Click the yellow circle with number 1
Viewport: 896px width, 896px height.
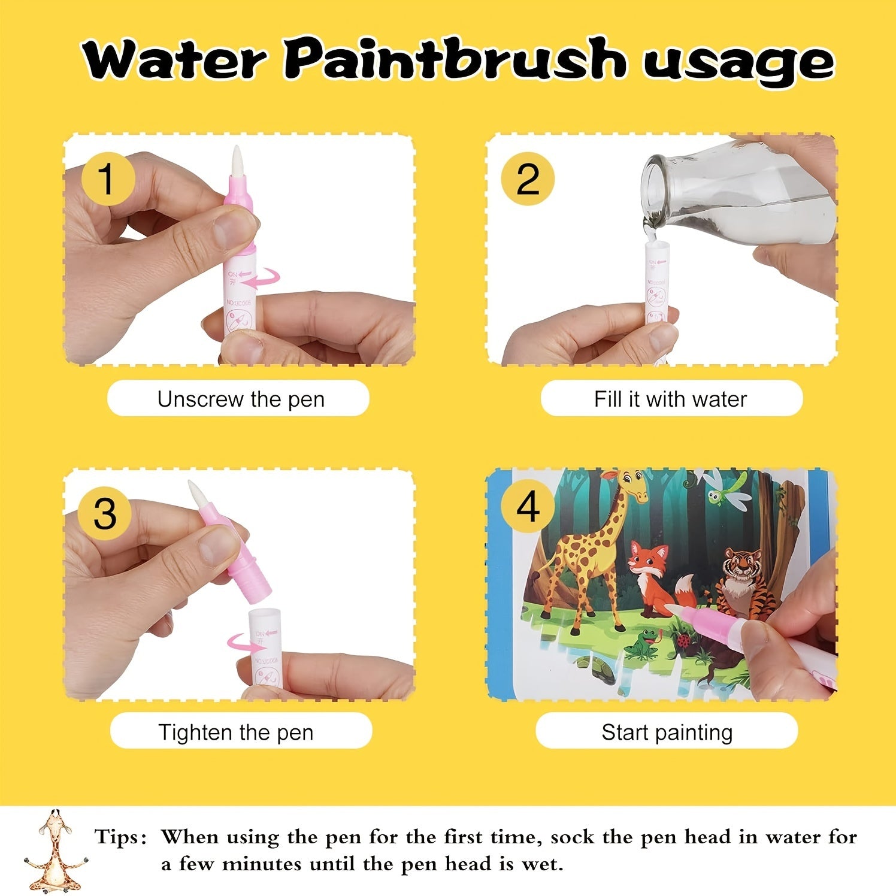[x=107, y=178]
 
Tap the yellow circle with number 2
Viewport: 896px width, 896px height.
[x=528, y=178]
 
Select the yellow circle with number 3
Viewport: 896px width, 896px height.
[x=105, y=513]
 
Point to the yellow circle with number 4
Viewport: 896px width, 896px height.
[x=528, y=507]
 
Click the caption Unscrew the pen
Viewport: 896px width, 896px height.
[x=240, y=399]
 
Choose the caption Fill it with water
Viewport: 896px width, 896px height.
[x=670, y=399]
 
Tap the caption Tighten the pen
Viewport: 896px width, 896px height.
[x=236, y=732]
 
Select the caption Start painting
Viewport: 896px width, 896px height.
[x=667, y=732]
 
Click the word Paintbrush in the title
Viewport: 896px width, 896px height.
[x=455, y=60]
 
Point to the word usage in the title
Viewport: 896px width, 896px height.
[x=738, y=62]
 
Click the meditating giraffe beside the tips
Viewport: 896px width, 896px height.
[x=55, y=850]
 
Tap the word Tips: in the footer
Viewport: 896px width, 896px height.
[x=120, y=837]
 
